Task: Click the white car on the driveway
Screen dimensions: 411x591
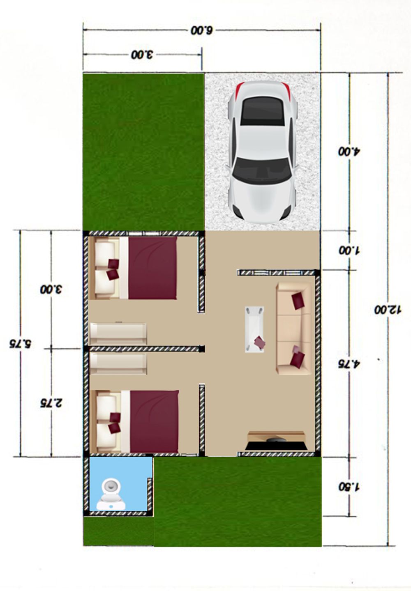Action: pos(262,151)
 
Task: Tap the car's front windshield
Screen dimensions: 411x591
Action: pos(262,169)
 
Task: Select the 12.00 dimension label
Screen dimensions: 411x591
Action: pos(388,310)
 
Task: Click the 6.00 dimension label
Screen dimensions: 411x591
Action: pos(201,31)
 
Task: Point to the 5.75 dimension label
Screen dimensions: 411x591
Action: pos(20,344)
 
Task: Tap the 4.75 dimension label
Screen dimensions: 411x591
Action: pos(349,364)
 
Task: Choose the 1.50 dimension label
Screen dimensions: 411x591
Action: pos(349,487)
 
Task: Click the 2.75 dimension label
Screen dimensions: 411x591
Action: pos(51,403)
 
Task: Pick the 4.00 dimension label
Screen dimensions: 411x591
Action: pos(349,152)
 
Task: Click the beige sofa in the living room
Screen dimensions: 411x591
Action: pos(293,328)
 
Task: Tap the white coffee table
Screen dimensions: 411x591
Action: pos(254,329)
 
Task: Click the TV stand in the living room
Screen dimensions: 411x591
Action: pos(276,440)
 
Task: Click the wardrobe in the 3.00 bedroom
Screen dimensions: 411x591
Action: pos(118,333)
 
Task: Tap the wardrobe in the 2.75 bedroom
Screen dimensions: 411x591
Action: pos(118,364)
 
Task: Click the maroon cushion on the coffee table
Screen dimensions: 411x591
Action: pos(260,342)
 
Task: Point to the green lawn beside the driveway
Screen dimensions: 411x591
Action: pos(143,152)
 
